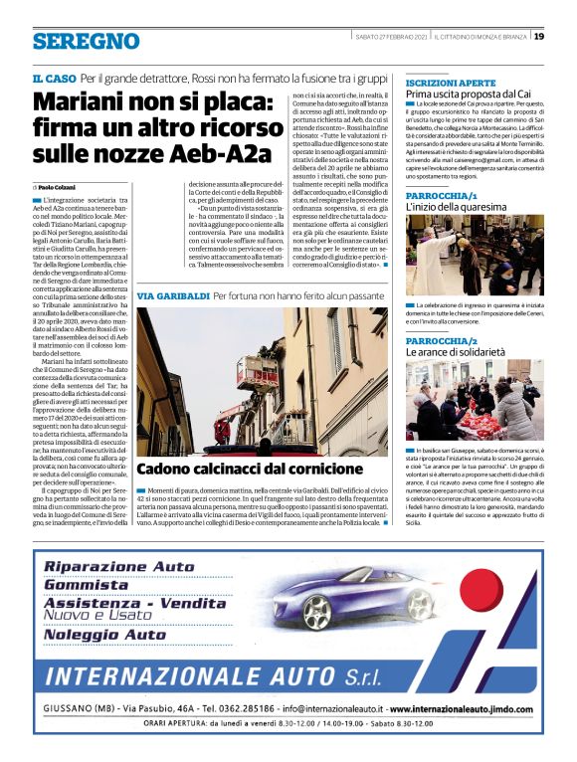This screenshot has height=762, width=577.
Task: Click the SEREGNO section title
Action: tap(86, 41)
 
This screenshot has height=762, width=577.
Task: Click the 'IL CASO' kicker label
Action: tap(54, 78)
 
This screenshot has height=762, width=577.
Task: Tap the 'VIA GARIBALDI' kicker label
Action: tap(172, 296)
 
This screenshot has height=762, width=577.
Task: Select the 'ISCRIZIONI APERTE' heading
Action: tap(451, 82)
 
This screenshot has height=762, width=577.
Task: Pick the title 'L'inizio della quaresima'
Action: tap(454, 208)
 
